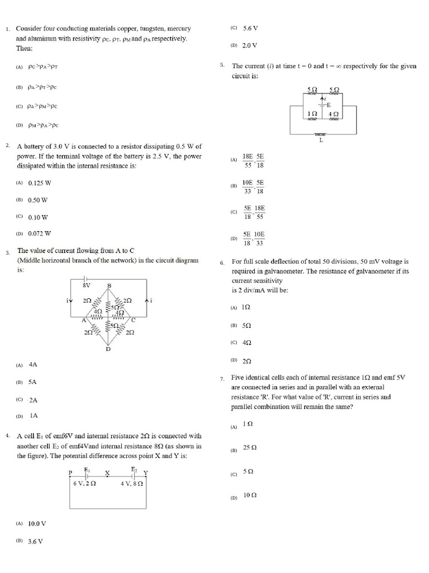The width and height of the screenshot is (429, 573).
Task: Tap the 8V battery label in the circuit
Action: point(86,285)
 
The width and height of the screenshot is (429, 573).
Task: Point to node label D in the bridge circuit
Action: point(108,349)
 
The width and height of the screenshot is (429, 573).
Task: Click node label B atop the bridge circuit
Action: point(109,286)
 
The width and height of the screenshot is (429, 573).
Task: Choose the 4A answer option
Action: point(33,364)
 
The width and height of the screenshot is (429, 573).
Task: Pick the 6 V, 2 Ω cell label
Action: point(84,483)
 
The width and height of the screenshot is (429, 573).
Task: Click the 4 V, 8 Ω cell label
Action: point(132,483)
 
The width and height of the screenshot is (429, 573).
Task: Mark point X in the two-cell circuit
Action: point(107,472)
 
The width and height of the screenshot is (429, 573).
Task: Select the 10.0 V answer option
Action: point(37,524)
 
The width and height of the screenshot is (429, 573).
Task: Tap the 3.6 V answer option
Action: point(35,542)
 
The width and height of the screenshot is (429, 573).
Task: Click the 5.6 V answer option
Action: point(250,28)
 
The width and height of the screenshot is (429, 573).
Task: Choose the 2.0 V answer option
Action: point(250,45)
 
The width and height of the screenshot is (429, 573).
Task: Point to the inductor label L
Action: point(321,140)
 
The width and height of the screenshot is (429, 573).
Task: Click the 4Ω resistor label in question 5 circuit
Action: point(333,114)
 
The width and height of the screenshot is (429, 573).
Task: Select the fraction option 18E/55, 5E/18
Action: point(253,161)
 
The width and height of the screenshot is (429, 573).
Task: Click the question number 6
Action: point(222,262)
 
